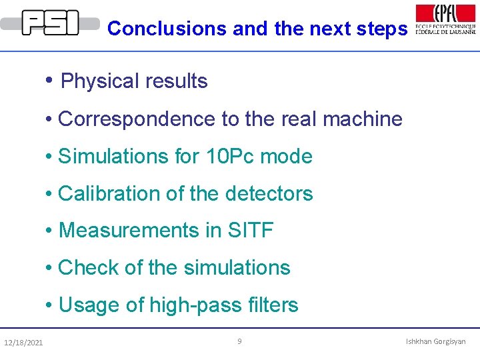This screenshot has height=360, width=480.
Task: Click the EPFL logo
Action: tap(445, 19)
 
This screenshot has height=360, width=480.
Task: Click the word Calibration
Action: tap(108, 193)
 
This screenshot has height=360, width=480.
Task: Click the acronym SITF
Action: tap(251, 231)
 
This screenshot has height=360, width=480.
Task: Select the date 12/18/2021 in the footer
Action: tap(23, 343)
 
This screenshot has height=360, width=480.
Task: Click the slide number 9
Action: tap(240, 341)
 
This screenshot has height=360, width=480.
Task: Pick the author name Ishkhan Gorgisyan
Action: tap(436, 341)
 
